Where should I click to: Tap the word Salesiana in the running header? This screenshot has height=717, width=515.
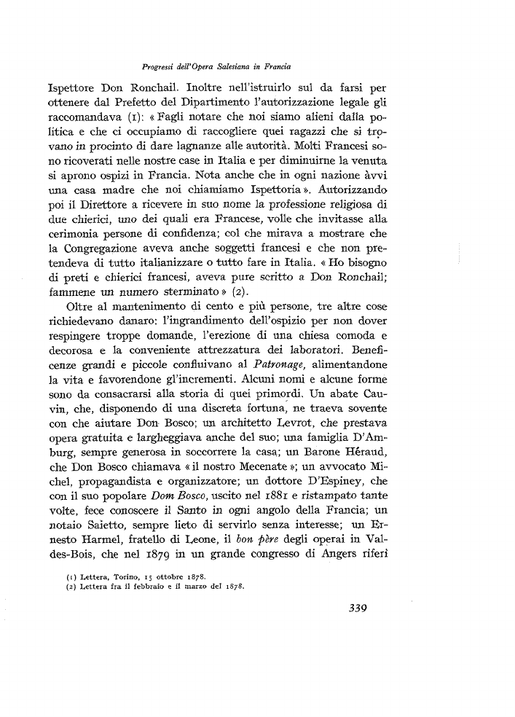(x=263, y=65)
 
